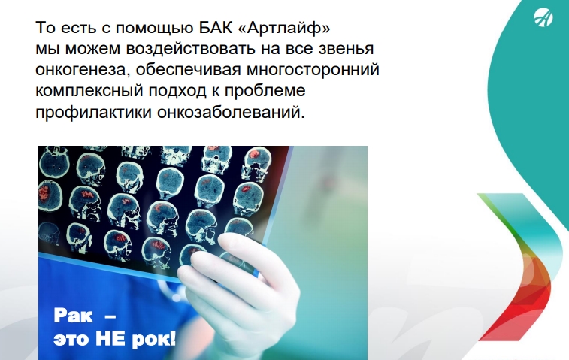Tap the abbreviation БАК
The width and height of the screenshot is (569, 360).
216,28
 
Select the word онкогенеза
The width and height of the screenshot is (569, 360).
83,70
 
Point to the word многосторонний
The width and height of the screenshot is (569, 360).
313,70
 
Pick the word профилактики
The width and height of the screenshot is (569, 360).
94,112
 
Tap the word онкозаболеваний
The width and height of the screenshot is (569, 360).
231,112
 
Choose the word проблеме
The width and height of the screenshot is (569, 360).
265,91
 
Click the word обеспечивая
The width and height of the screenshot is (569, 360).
189,70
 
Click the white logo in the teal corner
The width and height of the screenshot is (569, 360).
543,18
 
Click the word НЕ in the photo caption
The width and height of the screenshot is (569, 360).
110,339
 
